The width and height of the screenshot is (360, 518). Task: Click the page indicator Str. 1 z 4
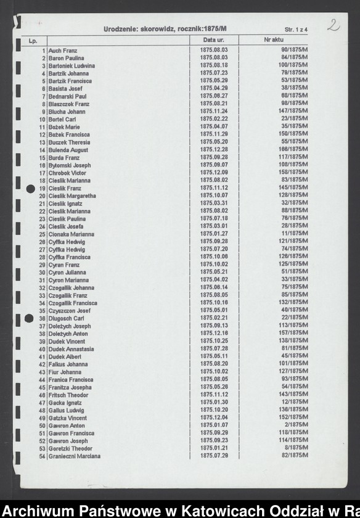coord(298,29)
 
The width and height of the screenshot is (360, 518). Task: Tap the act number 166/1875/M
coord(294,150)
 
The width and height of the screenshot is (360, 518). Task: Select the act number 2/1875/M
coord(297,425)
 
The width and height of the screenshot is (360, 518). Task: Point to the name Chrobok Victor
coord(68,173)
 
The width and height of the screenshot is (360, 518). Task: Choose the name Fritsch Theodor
coord(68,395)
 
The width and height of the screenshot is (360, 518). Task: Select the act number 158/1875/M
coord(294,173)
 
